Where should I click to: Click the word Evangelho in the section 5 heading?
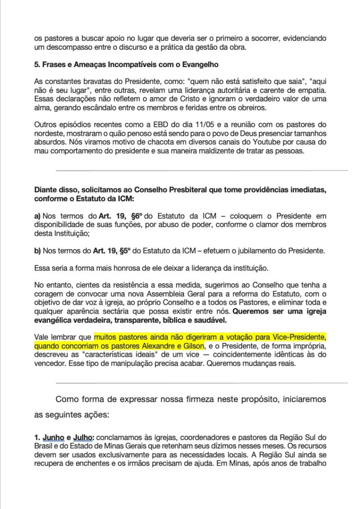coord(198,65)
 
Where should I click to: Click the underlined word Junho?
coord(53,437)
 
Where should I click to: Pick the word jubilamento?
coord(253,251)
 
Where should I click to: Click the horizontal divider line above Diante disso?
coord(201,170)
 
